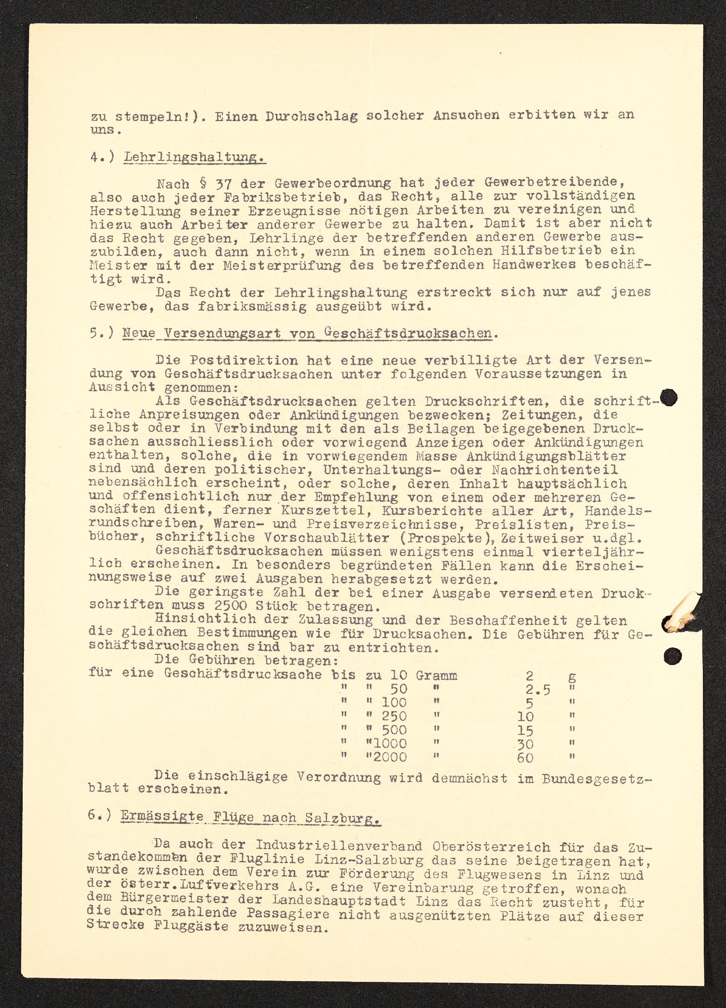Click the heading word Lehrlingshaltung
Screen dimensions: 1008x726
[x=195, y=157]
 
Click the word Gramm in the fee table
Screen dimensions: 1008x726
[x=436, y=676]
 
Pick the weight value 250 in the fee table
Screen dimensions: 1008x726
[x=394, y=716]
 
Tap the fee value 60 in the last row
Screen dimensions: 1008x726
[x=525, y=757]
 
